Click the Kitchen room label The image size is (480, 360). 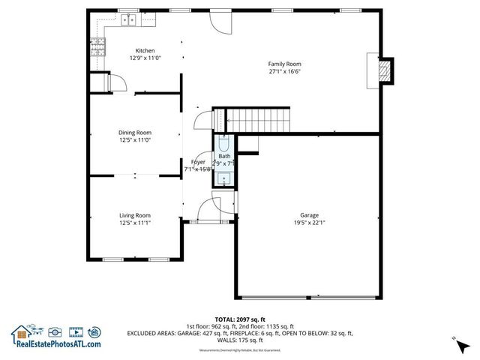(x=145, y=51)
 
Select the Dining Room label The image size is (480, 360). (x=135, y=132)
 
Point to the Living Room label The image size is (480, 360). (x=135, y=215)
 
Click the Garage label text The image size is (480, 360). (x=309, y=215)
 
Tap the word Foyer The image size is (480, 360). (x=198, y=162)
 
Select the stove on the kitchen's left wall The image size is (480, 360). (x=97, y=48)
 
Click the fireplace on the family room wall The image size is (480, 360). (x=384, y=69)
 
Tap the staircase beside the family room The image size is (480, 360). (x=257, y=118)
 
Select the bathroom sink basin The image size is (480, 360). (x=225, y=178)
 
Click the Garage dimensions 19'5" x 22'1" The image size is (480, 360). (x=309, y=223)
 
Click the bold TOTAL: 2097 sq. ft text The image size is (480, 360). (x=239, y=319)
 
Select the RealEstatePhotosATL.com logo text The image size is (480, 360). (x=56, y=344)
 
